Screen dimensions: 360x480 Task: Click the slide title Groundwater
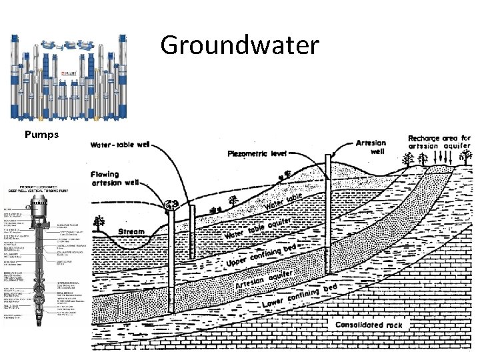[240, 45]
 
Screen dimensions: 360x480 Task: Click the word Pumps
[42, 134]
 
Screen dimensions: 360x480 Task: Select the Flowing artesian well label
[115, 179]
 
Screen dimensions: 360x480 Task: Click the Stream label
[131, 232]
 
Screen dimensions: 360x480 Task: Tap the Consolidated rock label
[369, 325]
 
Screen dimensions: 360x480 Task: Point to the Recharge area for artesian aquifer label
[439, 142]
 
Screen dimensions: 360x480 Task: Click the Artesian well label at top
[371, 147]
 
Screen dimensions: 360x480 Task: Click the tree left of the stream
[100, 222]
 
